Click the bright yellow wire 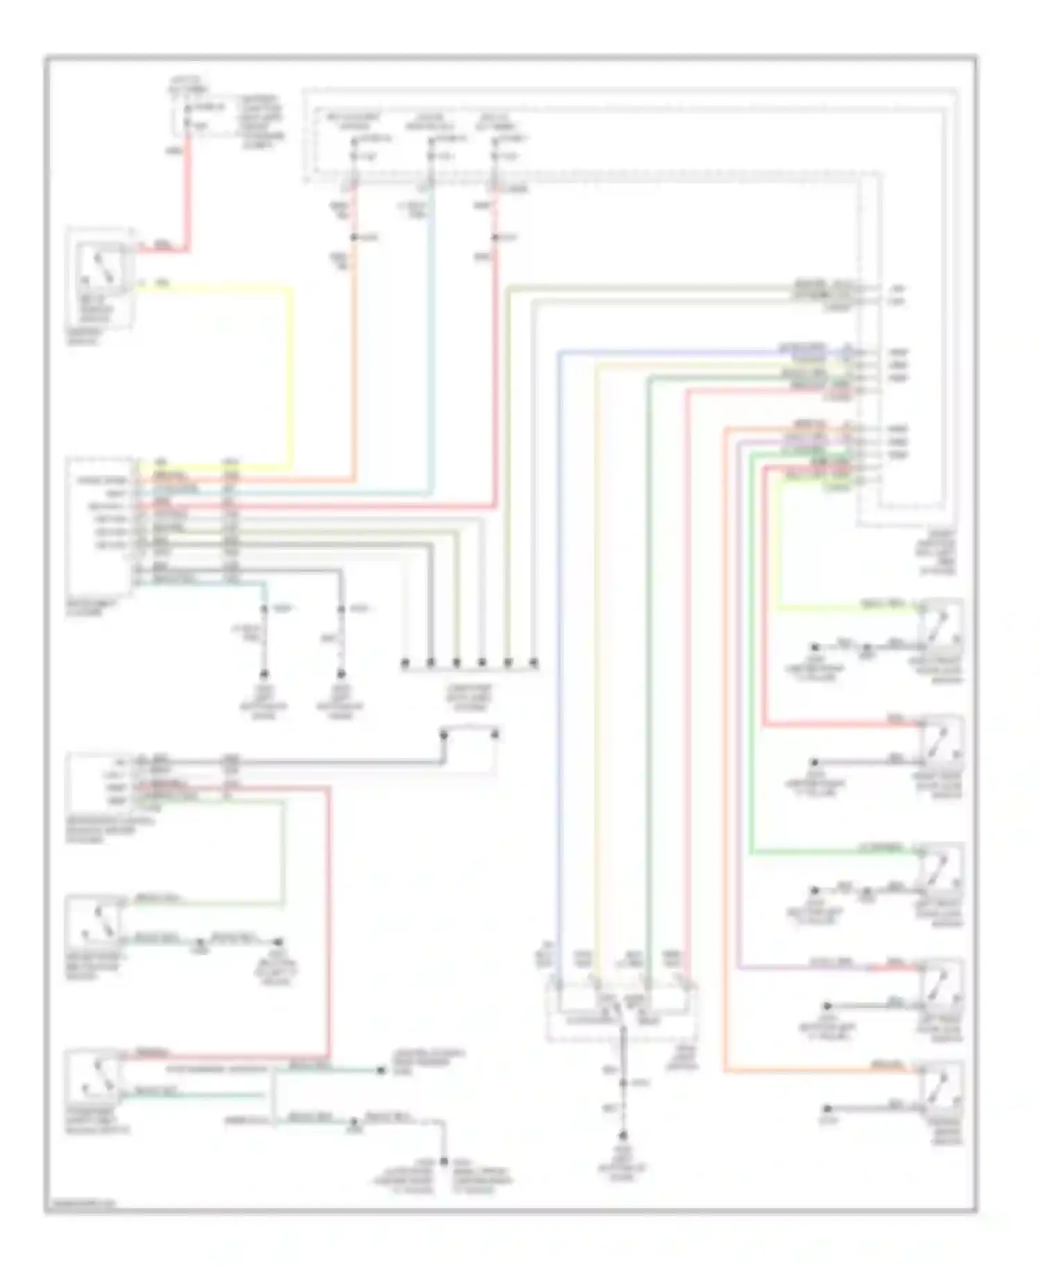(290, 375)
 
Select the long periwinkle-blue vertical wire (559, 625)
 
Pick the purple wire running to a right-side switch (738, 694)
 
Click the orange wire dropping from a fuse (355, 347)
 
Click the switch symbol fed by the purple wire (940, 978)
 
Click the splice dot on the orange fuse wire (354, 237)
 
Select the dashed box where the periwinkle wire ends (622, 1010)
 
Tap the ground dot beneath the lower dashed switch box (623, 1136)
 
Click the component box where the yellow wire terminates (100, 528)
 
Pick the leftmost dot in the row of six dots (405, 664)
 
